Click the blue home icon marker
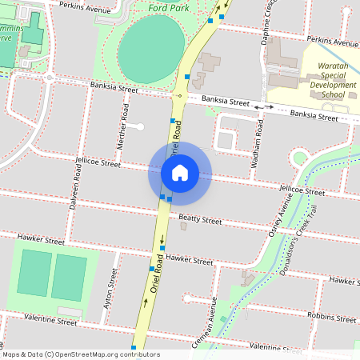pyautogui.click(x=180, y=173)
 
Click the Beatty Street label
pyautogui.click(x=199, y=218)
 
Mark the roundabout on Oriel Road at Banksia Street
pyautogui.click(x=179, y=95)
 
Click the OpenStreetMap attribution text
pyautogui.click(x=81, y=354)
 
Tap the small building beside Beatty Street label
pyautogui.click(x=184, y=226)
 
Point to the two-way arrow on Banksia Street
pyautogui.click(x=264, y=106)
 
